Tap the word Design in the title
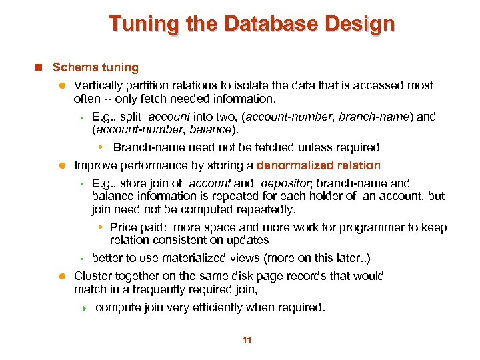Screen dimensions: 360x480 pos(361,24)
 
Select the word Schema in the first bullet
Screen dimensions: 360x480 pos(70,67)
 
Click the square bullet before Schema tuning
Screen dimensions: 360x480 pos(39,67)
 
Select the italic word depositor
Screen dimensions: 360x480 pos(285,183)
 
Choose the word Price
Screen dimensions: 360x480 pos(124,227)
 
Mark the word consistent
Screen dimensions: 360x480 pos(180,240)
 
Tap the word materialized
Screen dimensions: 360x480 pos(177,258)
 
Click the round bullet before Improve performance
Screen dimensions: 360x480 pos(59,165)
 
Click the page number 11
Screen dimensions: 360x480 pos(247,341)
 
